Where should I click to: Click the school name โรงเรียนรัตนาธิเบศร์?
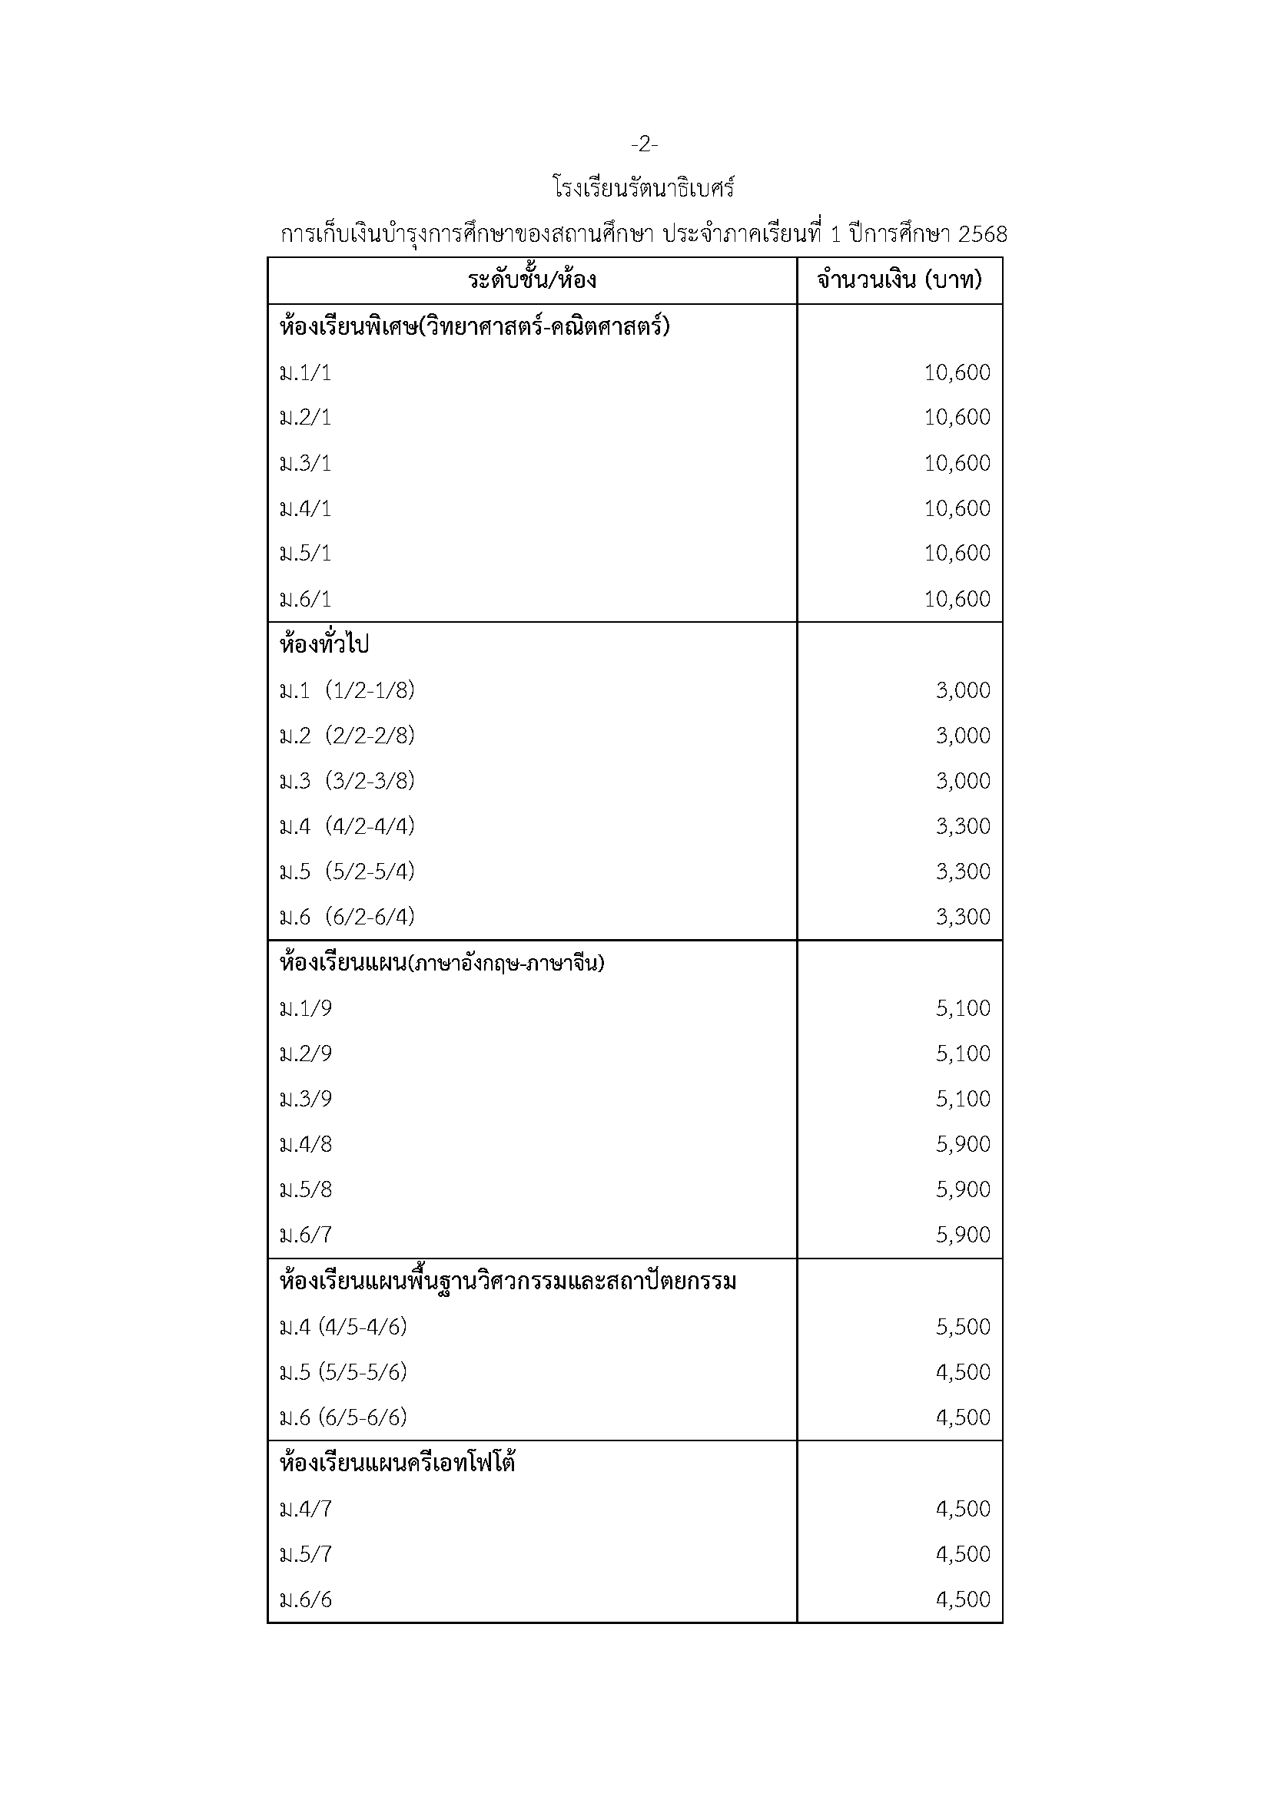pos(643,190)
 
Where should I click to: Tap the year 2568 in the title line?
pos(982,235)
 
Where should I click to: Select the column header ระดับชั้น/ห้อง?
pos(533,280)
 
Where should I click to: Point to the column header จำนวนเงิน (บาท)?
pos(899,280)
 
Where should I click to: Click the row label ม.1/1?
pos(306,373)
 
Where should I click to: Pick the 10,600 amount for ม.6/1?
pos(957,599)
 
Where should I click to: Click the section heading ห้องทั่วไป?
pos(324,645)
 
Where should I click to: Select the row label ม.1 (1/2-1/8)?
pos(347,691)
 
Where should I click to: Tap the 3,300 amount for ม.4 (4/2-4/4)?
pos(963,826)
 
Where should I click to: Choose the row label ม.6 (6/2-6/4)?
pos(347,917)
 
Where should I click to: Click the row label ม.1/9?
pos(306,1008)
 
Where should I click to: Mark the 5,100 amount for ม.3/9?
pos(963,1099)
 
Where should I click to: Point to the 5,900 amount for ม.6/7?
pos(963,1235)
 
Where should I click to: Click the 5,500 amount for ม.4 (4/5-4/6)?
pos(963,1327)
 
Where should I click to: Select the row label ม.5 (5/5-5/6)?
pos(343,1372)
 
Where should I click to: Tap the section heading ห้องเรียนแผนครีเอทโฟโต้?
pos(397,1463)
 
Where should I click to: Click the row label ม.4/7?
pos(306,1509)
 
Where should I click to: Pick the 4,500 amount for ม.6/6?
pos(963,1599)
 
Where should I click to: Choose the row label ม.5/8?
pos(306,1189)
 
